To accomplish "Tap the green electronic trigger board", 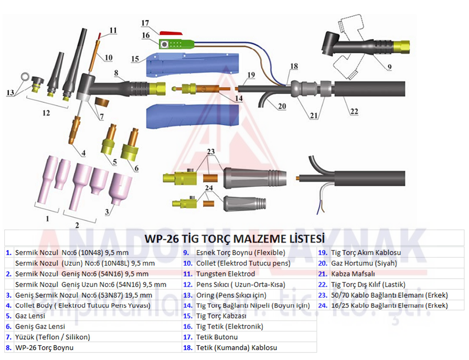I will pos(174,44).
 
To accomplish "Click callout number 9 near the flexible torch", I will pos(389,67).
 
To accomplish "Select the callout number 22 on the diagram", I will pos(354,111).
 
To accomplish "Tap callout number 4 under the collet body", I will pos(82,153).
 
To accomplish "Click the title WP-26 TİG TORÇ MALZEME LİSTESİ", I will pos(235,239).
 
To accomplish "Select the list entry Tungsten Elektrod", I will pos(225,274).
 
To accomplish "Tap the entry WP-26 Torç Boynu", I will pos(44,347).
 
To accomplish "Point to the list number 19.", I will pos(323,252).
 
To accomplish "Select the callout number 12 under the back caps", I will pos(46,113).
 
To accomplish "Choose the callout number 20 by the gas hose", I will pos(282,106).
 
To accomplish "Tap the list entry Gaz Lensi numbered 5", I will pos(30,316).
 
